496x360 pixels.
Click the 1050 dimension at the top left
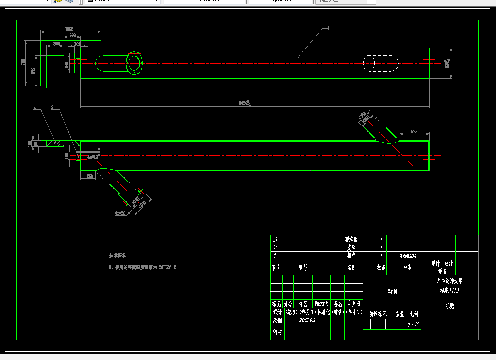point(69,29)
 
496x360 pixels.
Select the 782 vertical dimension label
point(23,62)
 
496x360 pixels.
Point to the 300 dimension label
point(56,44)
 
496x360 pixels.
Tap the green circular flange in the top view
point(134,63)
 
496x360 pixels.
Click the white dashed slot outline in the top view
point(380,63)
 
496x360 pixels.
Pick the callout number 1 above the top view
point(328,29)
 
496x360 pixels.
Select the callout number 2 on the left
point(34,108)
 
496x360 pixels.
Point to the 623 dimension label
point(414,132)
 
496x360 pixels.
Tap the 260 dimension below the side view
point(89,176)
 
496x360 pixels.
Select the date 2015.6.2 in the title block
point(308,320)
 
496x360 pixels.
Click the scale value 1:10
point(414,324)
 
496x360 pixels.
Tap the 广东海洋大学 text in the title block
point(450,281)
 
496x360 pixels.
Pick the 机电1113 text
point(450,290)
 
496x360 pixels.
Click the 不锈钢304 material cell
point(408,256)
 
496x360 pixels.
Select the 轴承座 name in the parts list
point(352,239)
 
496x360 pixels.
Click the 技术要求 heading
point(117,255)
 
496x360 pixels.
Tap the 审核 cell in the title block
point(277,332)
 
